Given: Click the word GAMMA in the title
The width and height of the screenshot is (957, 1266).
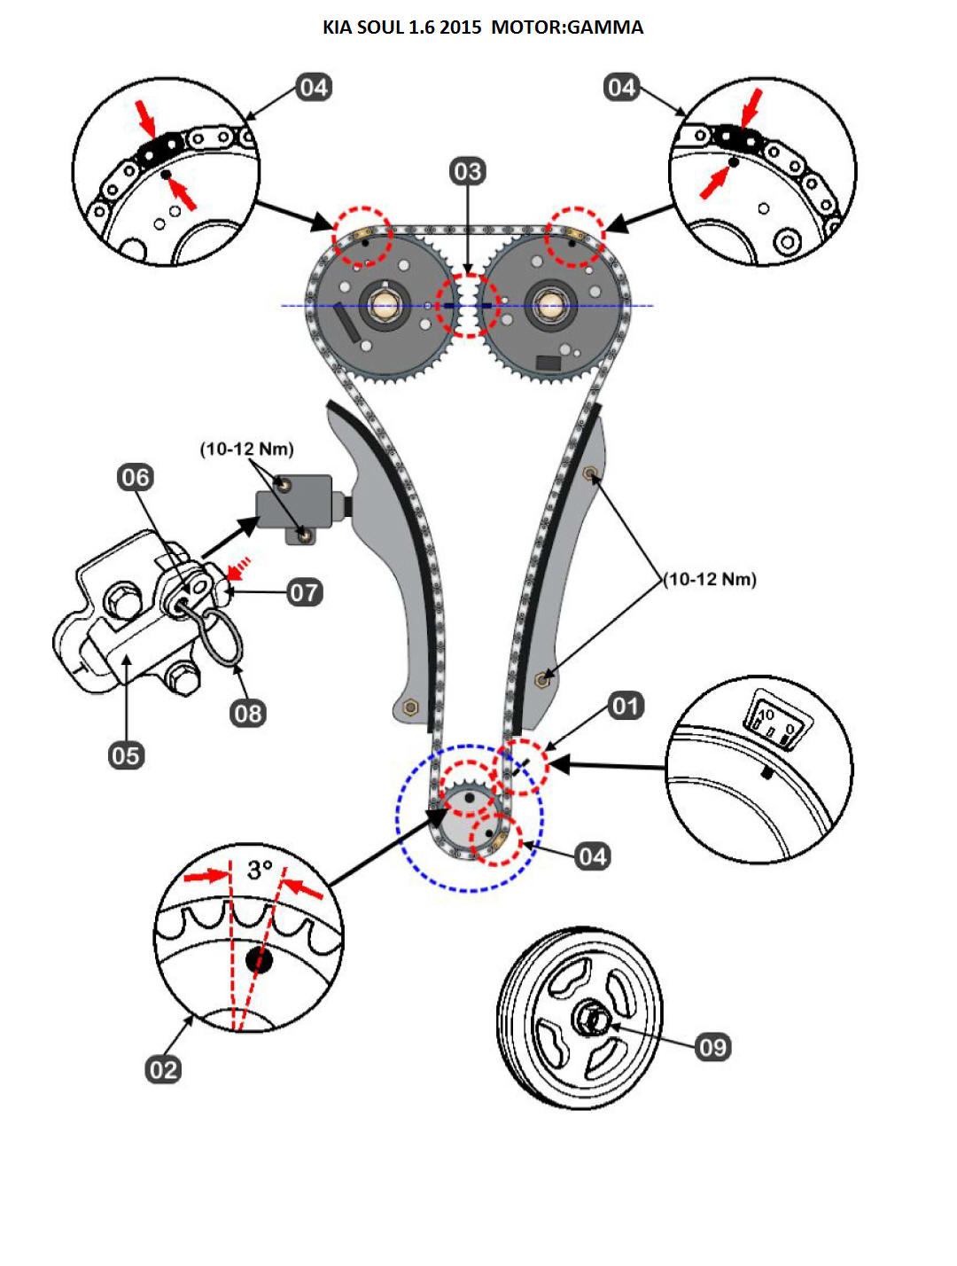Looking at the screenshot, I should tap(605, 27).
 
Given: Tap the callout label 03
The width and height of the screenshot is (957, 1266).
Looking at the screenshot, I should tap(467, 171).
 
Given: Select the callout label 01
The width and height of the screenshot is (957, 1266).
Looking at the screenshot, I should tap(626, 706).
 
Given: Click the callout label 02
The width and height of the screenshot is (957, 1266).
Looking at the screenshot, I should tap(163, 1069).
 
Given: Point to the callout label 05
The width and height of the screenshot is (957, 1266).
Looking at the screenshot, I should tap(126, 755).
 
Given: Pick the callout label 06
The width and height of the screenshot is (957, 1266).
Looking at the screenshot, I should tap(136, 478).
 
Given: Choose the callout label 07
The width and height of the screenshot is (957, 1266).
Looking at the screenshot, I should tap(304, 592).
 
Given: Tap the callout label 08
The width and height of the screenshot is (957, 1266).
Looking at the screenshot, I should tap(248, 713).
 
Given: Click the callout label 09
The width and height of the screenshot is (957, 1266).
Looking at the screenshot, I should tap(712, 1047).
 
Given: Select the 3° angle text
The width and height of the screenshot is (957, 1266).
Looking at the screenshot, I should tap(259, 870).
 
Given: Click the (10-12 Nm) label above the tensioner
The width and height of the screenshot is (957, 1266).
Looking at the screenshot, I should tap(246, 449).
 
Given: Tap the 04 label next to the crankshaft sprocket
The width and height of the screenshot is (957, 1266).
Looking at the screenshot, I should tap(592, 856).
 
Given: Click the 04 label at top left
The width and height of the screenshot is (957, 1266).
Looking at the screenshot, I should tap(314, 87).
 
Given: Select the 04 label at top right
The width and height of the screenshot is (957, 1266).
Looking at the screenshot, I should tap(621, 87).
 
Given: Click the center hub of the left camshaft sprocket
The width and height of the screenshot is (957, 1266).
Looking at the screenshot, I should tap(385, 305).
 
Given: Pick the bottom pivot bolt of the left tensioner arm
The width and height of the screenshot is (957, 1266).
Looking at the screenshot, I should tap(409, 707).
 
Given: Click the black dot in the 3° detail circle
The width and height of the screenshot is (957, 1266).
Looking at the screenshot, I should tap(259, 959).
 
